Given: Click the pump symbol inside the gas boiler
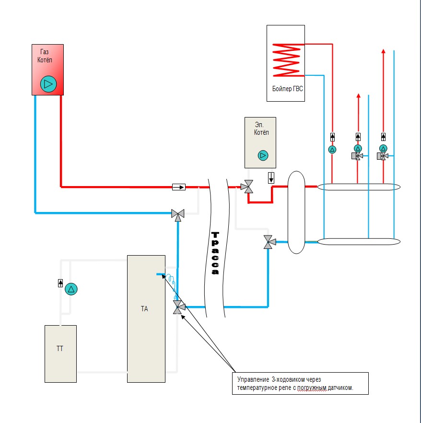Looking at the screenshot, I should [x=48, y=84].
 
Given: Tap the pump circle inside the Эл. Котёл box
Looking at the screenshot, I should [x=263, y=155].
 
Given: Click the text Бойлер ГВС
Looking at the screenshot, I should [x=286, y=89].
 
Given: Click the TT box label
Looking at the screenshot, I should [x=60, y=349].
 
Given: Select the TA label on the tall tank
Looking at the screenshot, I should [x=144, y=309].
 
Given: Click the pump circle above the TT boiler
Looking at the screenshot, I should [x=71, y=289].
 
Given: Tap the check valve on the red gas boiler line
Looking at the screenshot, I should [x=179, y=186].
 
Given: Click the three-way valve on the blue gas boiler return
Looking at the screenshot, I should [x=178, y=214].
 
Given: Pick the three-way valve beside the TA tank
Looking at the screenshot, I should [x=179, y=307].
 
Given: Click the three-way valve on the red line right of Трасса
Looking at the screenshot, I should [x=248, y=187].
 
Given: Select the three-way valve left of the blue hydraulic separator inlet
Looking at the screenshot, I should [x=269, y=242].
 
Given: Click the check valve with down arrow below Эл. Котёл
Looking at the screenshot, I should [x=271, y=177].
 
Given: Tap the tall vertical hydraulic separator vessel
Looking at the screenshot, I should [x=296, y=212].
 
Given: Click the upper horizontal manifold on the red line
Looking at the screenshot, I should [x=359, y=187].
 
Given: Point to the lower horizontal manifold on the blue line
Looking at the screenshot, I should [x=359, y=241].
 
